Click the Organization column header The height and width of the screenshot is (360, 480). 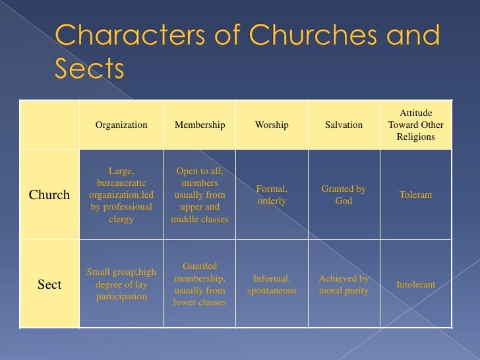[121, 125]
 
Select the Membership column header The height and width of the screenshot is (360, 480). [200, 125]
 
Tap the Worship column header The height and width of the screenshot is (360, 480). [272, 125]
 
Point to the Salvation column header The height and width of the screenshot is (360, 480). [344, 125]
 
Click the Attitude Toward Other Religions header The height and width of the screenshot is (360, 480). [415, 125]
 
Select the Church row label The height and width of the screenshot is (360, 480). [49, 195]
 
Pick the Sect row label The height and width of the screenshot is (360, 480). [49, 285]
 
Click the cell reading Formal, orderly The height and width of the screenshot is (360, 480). [272, 195]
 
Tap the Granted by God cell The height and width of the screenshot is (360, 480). [344, 195]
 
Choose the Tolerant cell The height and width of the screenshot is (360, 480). [415, 195]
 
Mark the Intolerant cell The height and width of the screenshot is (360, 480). [415, 285]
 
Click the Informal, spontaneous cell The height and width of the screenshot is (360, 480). [272, 284]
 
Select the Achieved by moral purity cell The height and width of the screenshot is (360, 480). [344, 284]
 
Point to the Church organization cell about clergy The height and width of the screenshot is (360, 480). [121, 195]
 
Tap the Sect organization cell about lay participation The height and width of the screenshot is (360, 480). [121, 284]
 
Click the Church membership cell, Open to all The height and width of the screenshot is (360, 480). [200, 195]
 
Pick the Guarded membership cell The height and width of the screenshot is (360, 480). [200, 284]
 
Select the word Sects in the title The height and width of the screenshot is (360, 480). [88, 68]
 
